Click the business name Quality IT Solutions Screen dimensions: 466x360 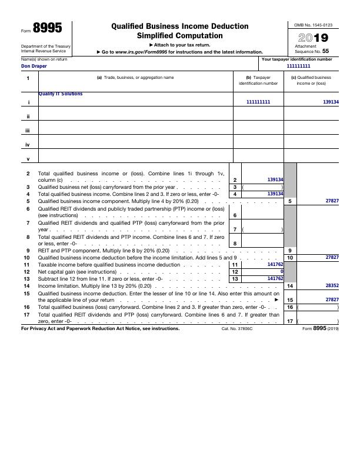(x=61, y=94)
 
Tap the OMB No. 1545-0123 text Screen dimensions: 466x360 (x=313, y=25)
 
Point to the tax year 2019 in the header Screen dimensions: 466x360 (x=313, y=38)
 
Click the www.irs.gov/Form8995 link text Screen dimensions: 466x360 (x=136, y=52)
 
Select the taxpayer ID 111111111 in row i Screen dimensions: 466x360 (x=258, y=102)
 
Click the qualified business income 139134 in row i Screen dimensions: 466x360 (x=331, y=102)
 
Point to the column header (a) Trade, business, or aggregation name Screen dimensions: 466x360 (x=135, y=78)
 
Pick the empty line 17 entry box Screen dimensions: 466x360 (x=318, y=321)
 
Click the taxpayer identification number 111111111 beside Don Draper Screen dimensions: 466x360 (x=298, y=66)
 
